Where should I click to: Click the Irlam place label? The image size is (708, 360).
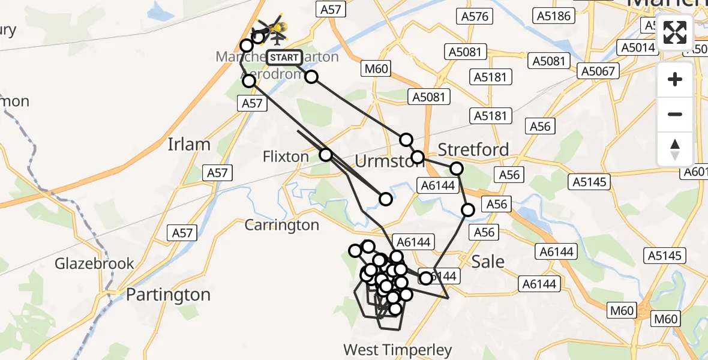pyautogui.click(x=189, y=145)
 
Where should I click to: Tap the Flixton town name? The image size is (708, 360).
pyautogui.click(x=286, y=157)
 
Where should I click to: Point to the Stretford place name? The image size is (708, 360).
pyautogui.click(x=473, y=149)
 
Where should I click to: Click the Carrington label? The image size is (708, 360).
pyautogui.click(x=282, y=225)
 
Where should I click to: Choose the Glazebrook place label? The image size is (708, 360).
pyautogui.click(x=94, y=263)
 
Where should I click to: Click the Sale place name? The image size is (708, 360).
pyautogui.click(x=488, y=262)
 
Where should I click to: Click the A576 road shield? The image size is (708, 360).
pyautogui.click(x=475, y=17)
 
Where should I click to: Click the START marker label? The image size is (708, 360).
pyautogui.click(x=284, y=58)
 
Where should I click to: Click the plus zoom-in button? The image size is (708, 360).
pyautogui.click(x=675, y=79)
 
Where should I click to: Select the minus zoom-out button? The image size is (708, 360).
pyautogui.click(x=675, y=114)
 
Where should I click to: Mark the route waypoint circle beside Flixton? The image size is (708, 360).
pyautogui.click(x=325, y=155)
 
